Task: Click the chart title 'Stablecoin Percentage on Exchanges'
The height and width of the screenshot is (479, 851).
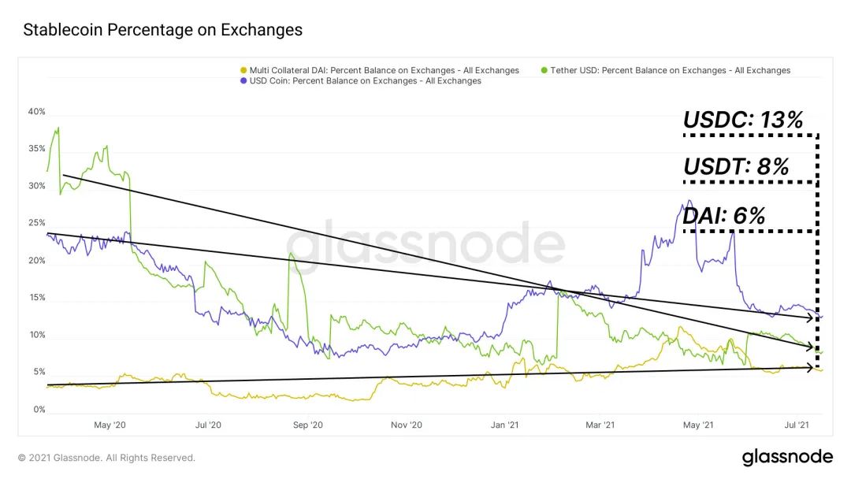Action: pos(163,31)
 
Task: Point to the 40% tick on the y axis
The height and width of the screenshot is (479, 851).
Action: pos(37,112)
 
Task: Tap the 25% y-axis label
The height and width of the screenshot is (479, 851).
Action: pos(37,224)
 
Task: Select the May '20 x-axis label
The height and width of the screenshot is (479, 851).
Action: pos(110,425)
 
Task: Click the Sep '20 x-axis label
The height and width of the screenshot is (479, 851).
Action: pos(308,425)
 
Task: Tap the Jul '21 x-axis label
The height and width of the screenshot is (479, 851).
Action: pos(797,425)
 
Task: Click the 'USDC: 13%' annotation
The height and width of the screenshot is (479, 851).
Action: pos(742,121)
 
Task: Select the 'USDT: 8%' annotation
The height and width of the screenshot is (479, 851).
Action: pos(736,167)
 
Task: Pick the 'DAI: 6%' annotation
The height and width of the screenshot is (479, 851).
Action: pos(723,215)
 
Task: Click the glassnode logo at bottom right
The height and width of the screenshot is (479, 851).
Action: pos(786,457)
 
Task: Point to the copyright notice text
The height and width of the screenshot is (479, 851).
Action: pos(106,458)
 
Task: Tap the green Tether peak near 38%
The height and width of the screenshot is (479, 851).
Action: pos(58,128)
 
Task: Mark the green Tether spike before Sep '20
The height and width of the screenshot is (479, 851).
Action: pos(291,254)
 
